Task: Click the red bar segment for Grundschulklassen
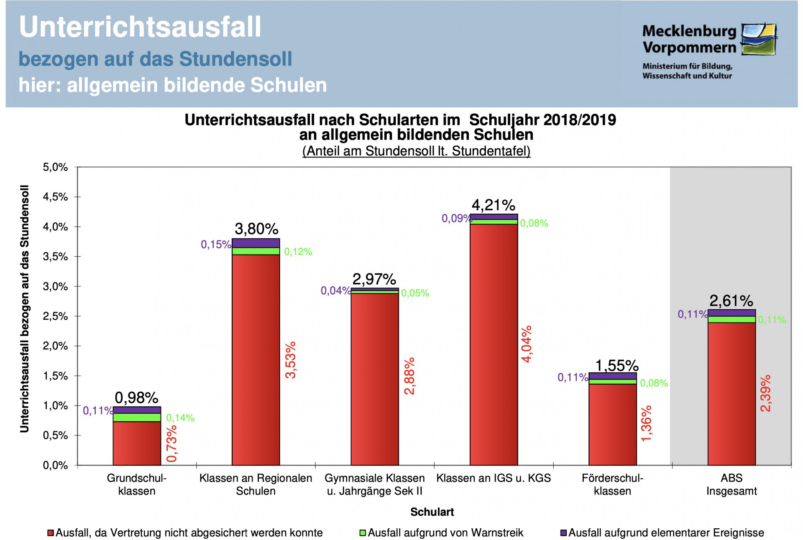pyautogui.click(x=137, y=443)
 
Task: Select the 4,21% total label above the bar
pyautogui.click(x=494, y=205)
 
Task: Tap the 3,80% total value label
pyautogui.click(x=256, y=229)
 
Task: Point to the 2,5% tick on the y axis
pyautogui.click(x=55, y=316)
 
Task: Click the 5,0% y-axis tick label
pyautogui.click(x=55, y=167)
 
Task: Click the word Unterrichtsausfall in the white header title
pyautogui.click(x=140, y=27)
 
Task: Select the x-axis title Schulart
pyautogui.click(x=432, y=512)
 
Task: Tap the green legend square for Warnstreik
pyautogui.click(x=363, y=533)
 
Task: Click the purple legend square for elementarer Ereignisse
pyautogui.click(x=563, y=533)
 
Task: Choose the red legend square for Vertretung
pyautogui.click(x=51, y=533)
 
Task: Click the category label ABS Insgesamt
pyautogui.click(x=731, y=484)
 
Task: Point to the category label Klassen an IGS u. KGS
pyautogui.click(x=494, y=478)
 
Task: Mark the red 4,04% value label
pyautogui.click(x=527, y=344)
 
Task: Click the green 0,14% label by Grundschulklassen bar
pyautogui.click(x=180, y=418)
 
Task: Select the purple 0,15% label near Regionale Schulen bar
pyautogui.click(x=216, y=245)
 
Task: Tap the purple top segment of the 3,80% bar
pyautogui.click(x=256, y=243)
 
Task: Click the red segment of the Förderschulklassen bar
pyautogui.click(x=613, y=424)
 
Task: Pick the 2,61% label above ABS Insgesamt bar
pyautogui.click(x=731, y=301)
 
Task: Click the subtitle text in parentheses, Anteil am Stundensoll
pyautogui.click(x=416, y=151)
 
